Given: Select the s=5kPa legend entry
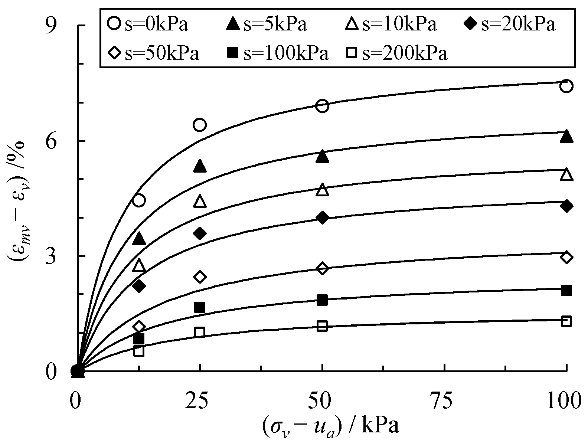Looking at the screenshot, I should [267, 25].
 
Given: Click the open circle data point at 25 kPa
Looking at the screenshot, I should [200, 125].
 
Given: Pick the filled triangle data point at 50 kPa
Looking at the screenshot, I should [322, 156].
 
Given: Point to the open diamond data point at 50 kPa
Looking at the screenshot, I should [322, 268].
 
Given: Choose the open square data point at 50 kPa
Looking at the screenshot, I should [322, 326].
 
